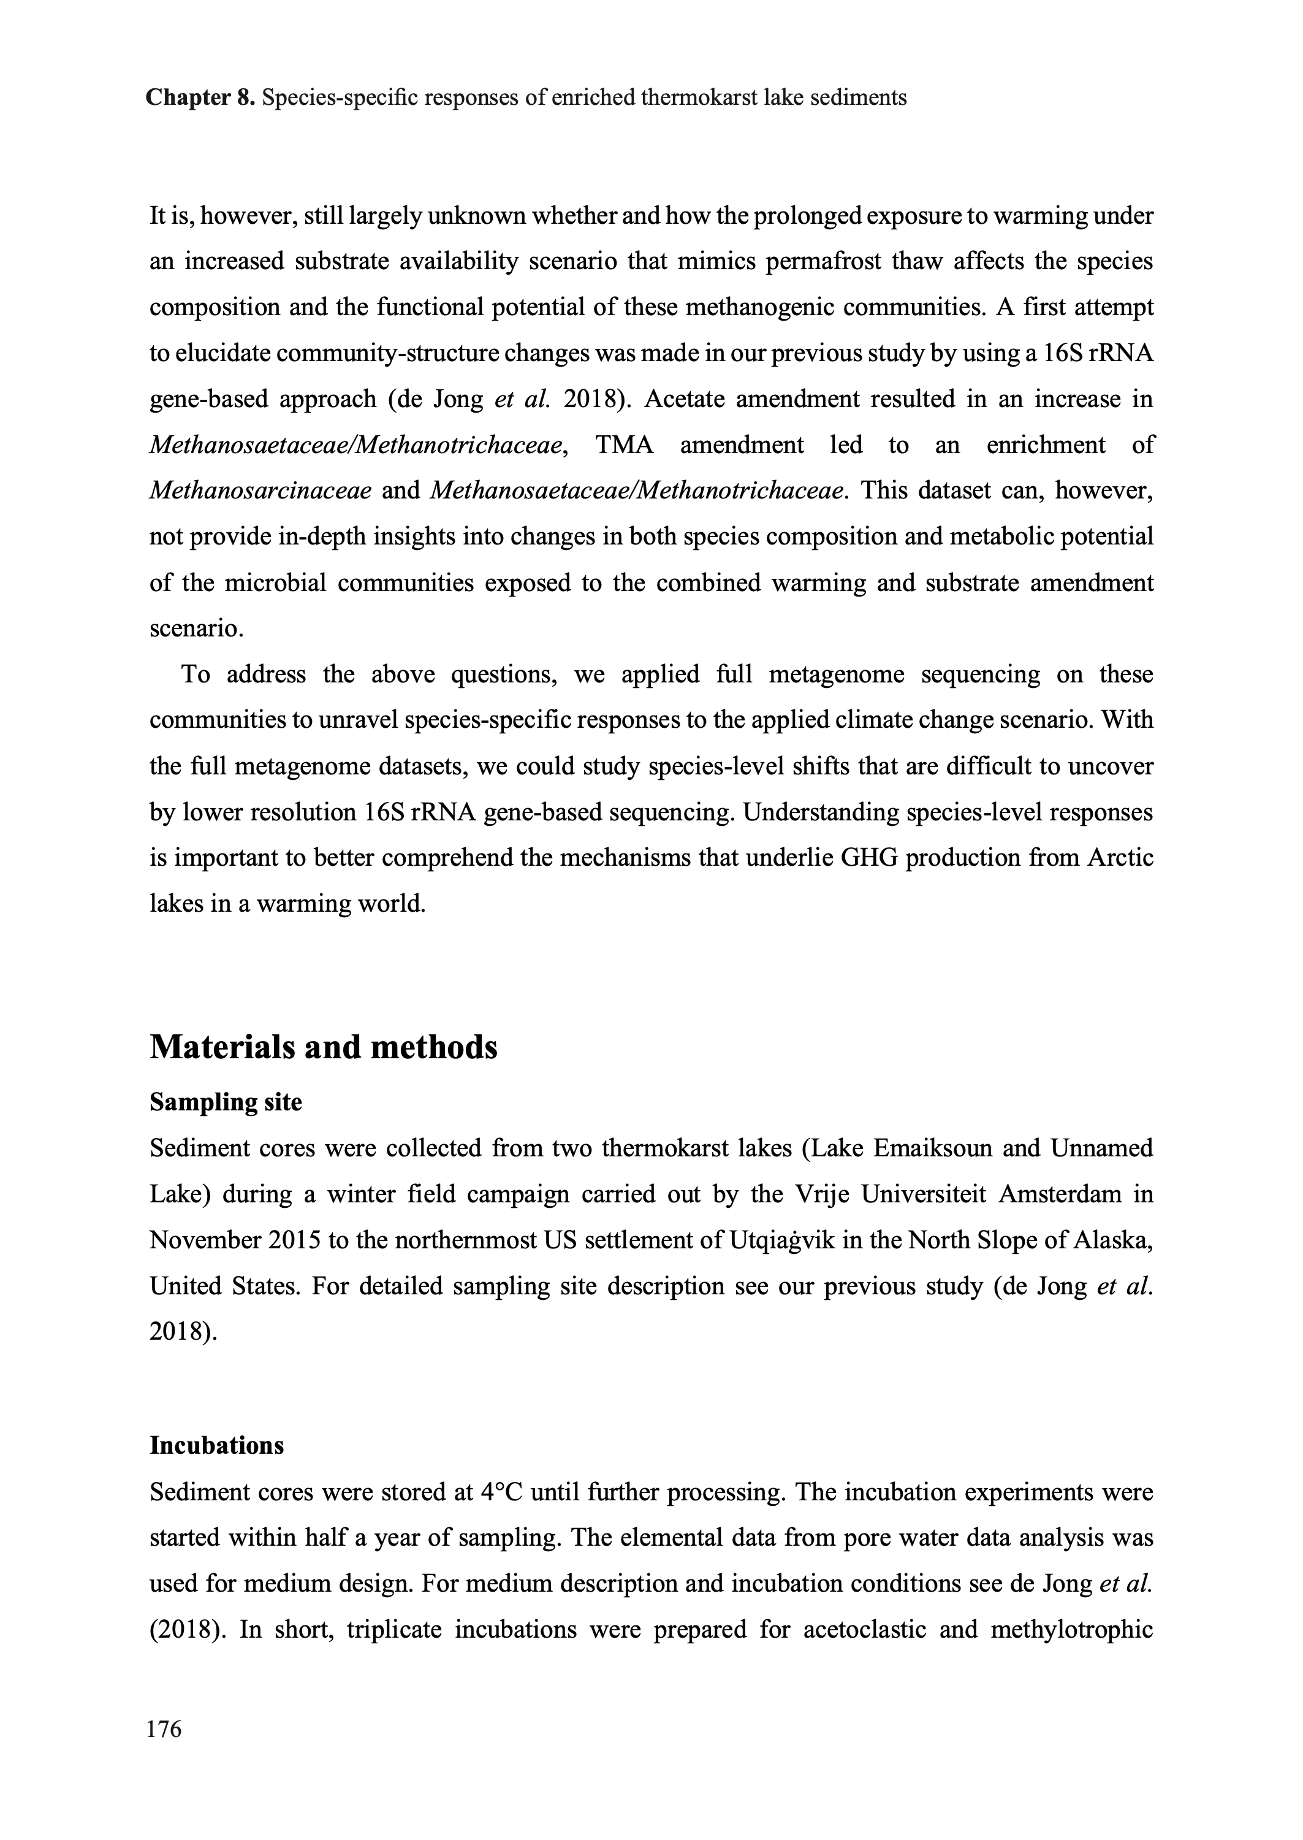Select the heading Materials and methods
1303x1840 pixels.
[324, 1047]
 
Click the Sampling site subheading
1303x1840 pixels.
[226, 1102]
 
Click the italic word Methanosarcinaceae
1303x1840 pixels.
[260, 491]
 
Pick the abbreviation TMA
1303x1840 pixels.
[624, 445]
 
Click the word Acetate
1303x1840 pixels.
[683, 399]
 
